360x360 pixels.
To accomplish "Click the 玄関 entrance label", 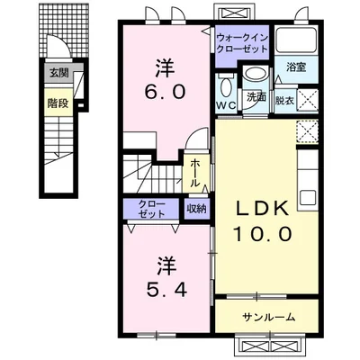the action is coord(59,73).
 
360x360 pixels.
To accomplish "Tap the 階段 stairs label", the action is coord(58,103).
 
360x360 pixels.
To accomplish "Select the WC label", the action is coord(226,105).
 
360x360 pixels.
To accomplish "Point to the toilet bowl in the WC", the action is coord(225,86).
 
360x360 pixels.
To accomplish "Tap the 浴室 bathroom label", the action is coord(296,67).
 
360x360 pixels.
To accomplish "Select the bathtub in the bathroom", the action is coord(296,40).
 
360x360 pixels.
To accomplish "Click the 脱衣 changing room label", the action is coord(284,101).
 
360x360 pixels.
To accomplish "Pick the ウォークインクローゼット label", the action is coord(242,43).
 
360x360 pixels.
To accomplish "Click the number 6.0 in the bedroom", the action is coord(165,93).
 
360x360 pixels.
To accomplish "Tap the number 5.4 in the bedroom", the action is coord(166,289).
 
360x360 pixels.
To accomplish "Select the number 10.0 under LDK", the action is coord(263,234).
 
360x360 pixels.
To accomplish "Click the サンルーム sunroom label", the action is coord(269,317).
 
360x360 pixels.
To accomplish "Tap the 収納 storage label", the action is coord(197,209).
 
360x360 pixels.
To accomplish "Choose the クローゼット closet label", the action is coord(152,209).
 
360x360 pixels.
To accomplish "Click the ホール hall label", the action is coord(195,173).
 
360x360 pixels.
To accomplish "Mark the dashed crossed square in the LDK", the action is coord(307,131).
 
